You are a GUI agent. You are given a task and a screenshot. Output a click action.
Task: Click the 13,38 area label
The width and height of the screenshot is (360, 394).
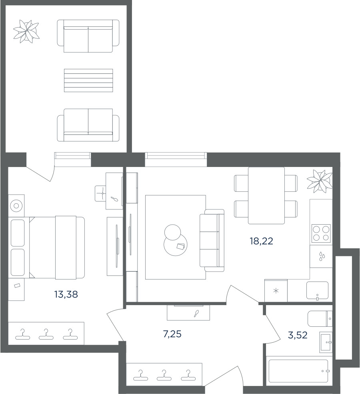(x=66, y=294)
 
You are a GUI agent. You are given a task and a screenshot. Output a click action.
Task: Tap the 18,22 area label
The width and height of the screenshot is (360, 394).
(x=261, y=241)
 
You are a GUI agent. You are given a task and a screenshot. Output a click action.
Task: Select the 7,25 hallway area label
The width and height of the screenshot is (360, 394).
(x=172, y=334)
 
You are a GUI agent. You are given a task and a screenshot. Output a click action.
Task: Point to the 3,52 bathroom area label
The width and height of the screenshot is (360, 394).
(x=298, y=335)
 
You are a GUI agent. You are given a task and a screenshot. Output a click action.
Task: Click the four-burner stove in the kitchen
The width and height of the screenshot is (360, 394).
(x=321, y=233)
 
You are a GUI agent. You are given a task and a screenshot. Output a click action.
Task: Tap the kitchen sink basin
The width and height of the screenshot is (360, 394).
(x=317, y=290)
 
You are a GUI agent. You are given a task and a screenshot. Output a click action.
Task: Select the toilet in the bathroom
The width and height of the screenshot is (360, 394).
(x=320, y=319)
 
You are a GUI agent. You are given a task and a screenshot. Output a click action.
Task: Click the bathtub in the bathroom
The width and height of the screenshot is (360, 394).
(x=298, y=371)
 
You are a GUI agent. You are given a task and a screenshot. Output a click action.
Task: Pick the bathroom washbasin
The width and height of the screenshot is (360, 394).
(x=326, y=342)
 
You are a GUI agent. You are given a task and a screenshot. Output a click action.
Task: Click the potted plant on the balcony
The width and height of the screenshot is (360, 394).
(x=26, y=31)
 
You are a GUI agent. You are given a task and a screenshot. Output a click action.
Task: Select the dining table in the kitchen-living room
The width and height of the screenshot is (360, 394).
(x=266, y=195)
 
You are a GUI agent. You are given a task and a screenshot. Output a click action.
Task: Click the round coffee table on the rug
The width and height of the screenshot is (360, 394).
(x=176, y=245)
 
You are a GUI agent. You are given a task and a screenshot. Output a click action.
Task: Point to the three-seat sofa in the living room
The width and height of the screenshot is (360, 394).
(x=212, y=240)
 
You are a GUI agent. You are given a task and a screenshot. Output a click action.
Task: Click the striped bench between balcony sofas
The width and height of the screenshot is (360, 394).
(x=88, y=80)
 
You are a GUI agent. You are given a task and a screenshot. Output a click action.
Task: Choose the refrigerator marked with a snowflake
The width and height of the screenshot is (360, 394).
(x=276, y=290)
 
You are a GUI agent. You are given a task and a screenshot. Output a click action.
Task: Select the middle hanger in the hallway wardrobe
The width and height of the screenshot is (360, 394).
(x=164, y=375)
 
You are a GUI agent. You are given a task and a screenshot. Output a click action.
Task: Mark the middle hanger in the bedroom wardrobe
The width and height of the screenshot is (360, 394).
(x=46, y=334)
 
